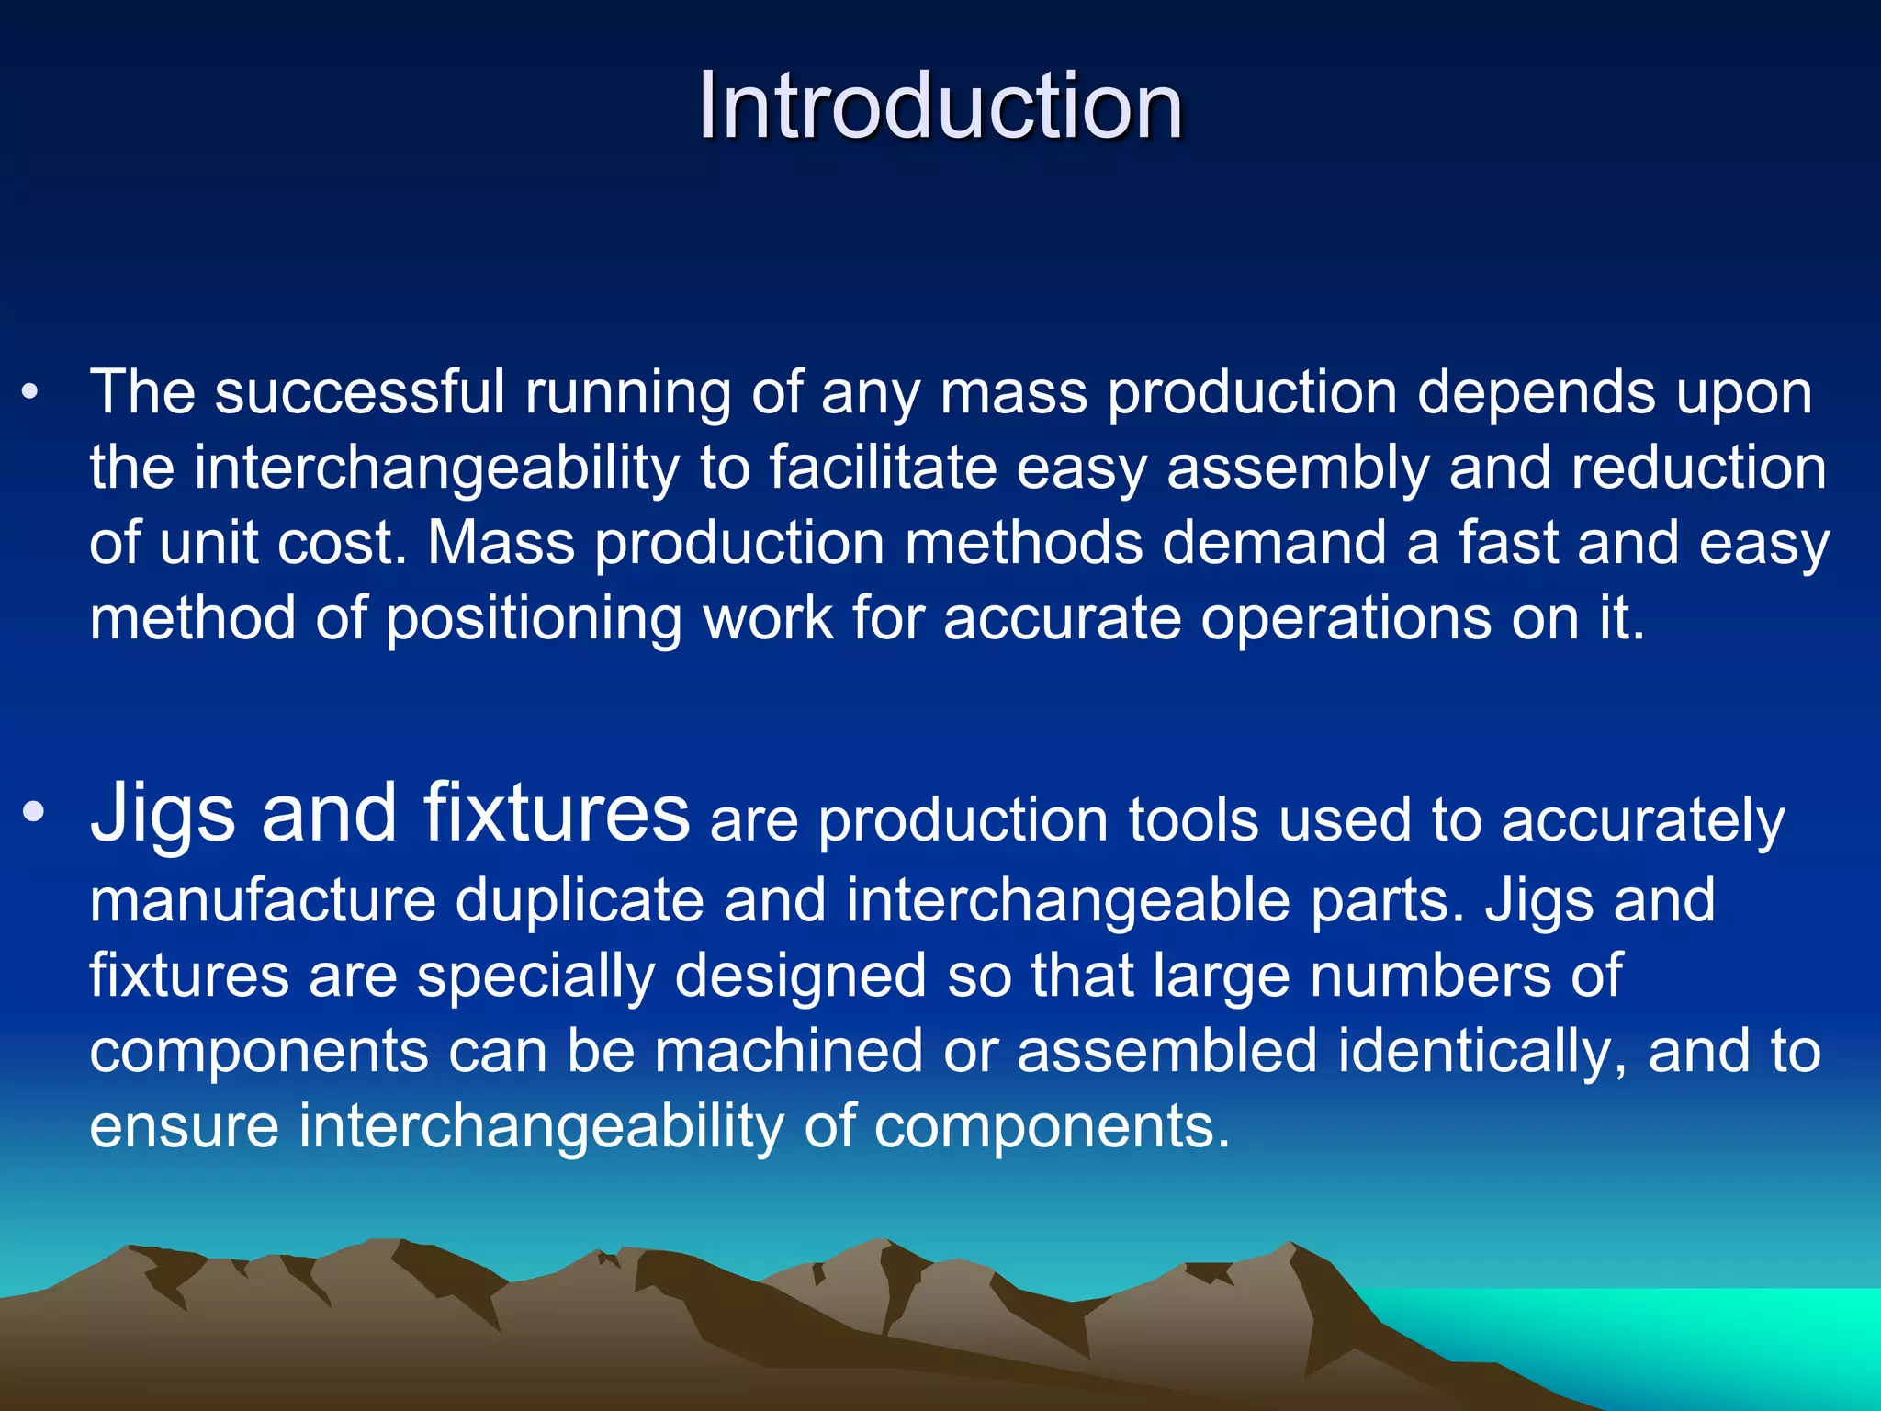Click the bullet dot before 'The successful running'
(30, 393)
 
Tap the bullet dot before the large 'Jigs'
(33, 812)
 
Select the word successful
(359, 393)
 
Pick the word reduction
(1698, 468)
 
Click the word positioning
(533, 620)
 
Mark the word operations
(1346, 620)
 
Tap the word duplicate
(579, 900)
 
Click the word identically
(1481, 1051)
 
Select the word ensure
(184, 1127)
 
